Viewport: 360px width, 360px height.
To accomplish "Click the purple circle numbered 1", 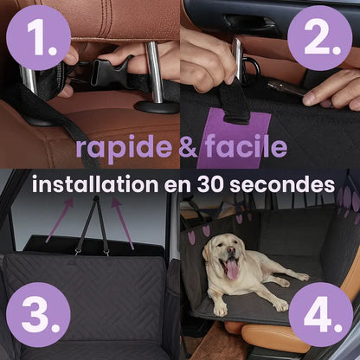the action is [x=38, y=37].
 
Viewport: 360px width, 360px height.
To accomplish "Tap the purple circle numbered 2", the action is [x=320, y=37].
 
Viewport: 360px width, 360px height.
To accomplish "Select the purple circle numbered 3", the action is [x=38, y=314].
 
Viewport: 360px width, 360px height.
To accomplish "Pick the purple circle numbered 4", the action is [x=321, y=314].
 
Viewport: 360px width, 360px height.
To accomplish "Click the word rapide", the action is [x=124, y=147].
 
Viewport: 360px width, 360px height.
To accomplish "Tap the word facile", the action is [x=246, y=145].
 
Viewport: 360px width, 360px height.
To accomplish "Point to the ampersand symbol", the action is [x=189, y=147].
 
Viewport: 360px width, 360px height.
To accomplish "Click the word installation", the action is [x=95, y=183].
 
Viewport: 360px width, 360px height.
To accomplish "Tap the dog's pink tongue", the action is [x=232, y=270].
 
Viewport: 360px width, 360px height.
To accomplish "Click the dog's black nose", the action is [x=231, y=250].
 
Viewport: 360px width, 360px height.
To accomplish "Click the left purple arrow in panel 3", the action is [x=60, y=219].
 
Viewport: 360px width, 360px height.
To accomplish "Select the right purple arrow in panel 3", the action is [x=123, y=222].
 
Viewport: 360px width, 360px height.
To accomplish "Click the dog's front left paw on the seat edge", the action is [x=221, y=310].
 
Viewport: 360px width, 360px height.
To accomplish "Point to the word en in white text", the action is [x=177, y=186].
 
